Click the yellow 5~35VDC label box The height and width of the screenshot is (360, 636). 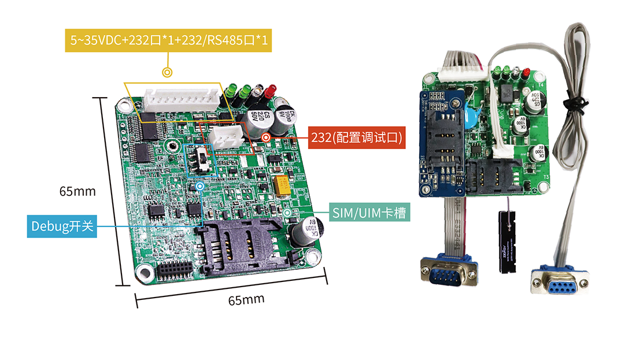tap(167, 40)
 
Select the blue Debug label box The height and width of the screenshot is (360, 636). tap(62, 226)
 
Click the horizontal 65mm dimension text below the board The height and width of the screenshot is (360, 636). tap(246, 300)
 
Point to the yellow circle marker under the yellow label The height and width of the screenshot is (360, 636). tap(167, 73)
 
